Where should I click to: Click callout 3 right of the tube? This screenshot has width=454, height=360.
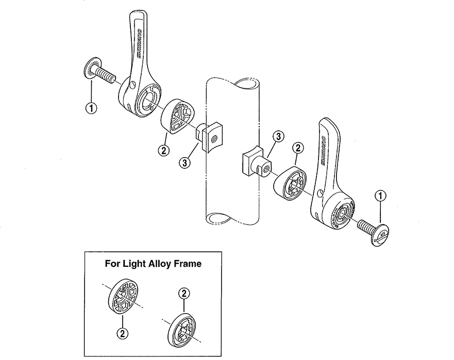278,136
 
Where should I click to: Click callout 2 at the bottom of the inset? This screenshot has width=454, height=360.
122,333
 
